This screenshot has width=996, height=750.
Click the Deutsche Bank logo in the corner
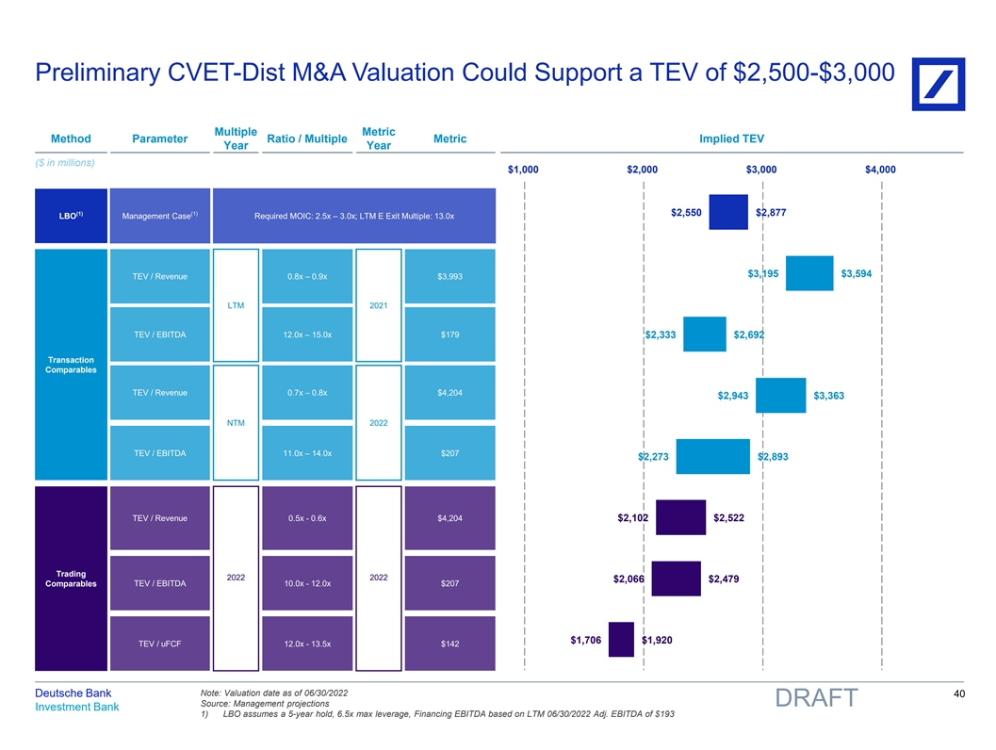click(937, 78)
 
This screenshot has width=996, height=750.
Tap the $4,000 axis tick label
click(880, 170)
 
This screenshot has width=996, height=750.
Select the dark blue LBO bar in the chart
click(727, 212)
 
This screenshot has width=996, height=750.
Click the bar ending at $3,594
click(809, 273)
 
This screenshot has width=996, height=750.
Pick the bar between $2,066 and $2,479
click(676, 579)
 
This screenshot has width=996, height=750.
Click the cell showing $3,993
click(449, 276)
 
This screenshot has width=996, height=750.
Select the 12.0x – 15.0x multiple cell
click(307, 334)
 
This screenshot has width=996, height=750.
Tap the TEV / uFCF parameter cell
click(159, 644)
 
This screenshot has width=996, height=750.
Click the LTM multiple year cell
click(237, 305)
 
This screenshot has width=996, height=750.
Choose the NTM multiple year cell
click(237, 423)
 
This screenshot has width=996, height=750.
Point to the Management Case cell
click(159, 217)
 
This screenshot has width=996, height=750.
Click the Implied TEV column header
click(731, 139)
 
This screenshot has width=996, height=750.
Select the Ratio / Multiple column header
click(307, 139)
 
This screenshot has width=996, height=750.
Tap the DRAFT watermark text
click(816, 698)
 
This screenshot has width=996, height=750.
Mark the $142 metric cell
click(449, 644)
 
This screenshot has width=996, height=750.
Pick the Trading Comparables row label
click(71, 579)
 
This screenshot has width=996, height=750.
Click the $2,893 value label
click(773, 457)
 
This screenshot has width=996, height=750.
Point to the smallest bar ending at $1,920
click(621, 639)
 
